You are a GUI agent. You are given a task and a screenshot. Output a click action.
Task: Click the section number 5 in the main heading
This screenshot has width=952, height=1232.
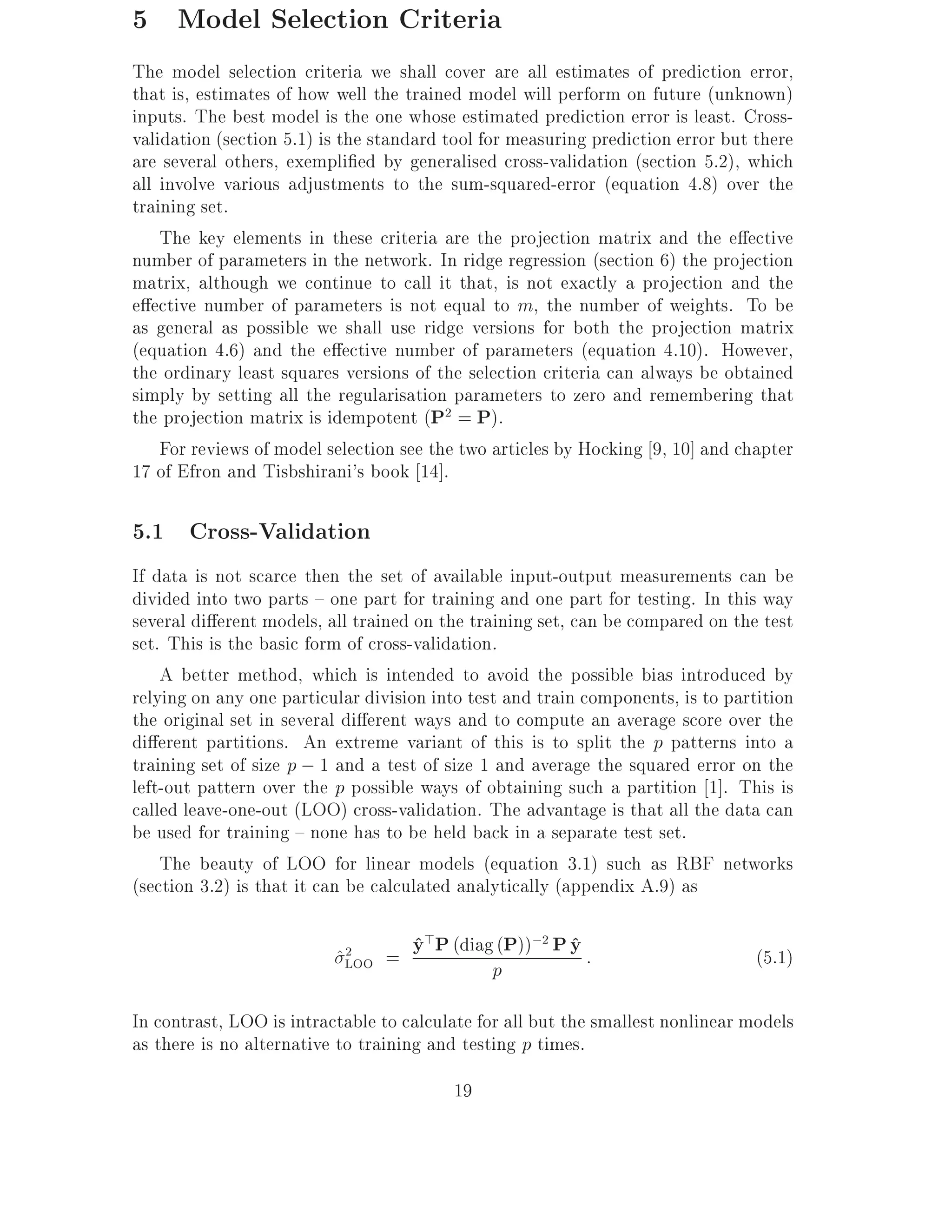point(140,20)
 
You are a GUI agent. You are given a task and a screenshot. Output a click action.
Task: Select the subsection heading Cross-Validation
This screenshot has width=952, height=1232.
point(280,531)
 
